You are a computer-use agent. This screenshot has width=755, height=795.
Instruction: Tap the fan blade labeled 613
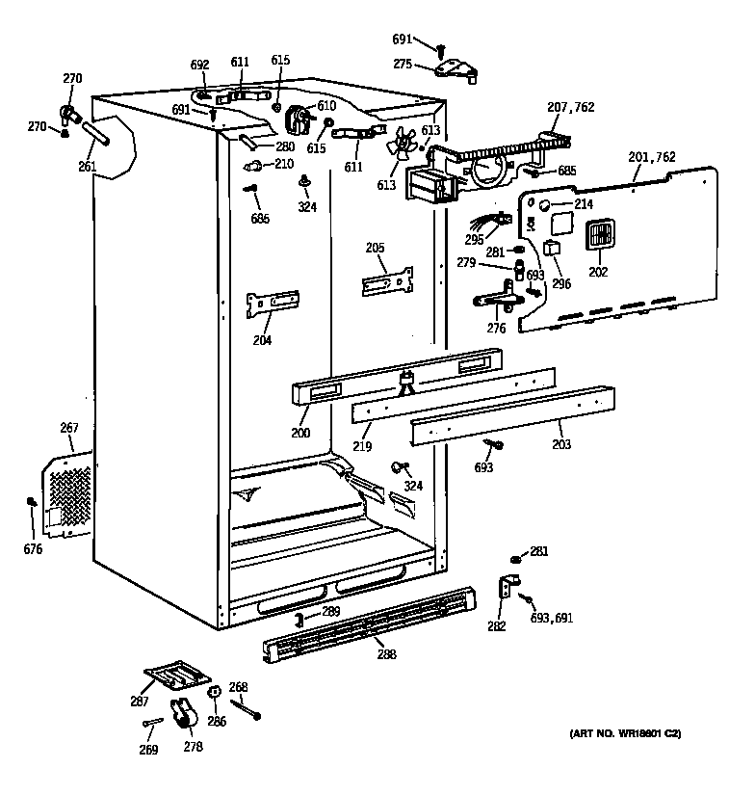(x=397, y=146)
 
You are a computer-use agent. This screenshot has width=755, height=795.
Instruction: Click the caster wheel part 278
(x=182, y=715)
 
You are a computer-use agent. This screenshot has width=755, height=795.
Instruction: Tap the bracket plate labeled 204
(x=272, y=304)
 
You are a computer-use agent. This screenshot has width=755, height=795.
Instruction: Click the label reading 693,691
(x=552, y=618)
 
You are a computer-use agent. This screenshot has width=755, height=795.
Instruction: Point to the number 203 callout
(x=560, y=445)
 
